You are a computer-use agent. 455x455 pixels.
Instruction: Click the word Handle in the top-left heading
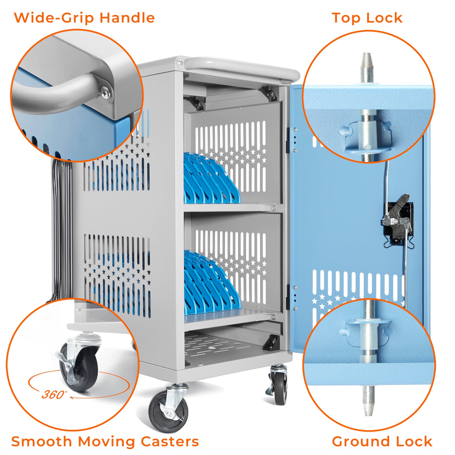coord(127,18)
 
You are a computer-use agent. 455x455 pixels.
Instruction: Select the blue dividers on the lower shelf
coord(212,283)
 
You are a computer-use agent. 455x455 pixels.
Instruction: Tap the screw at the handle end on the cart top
coord(180,63)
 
